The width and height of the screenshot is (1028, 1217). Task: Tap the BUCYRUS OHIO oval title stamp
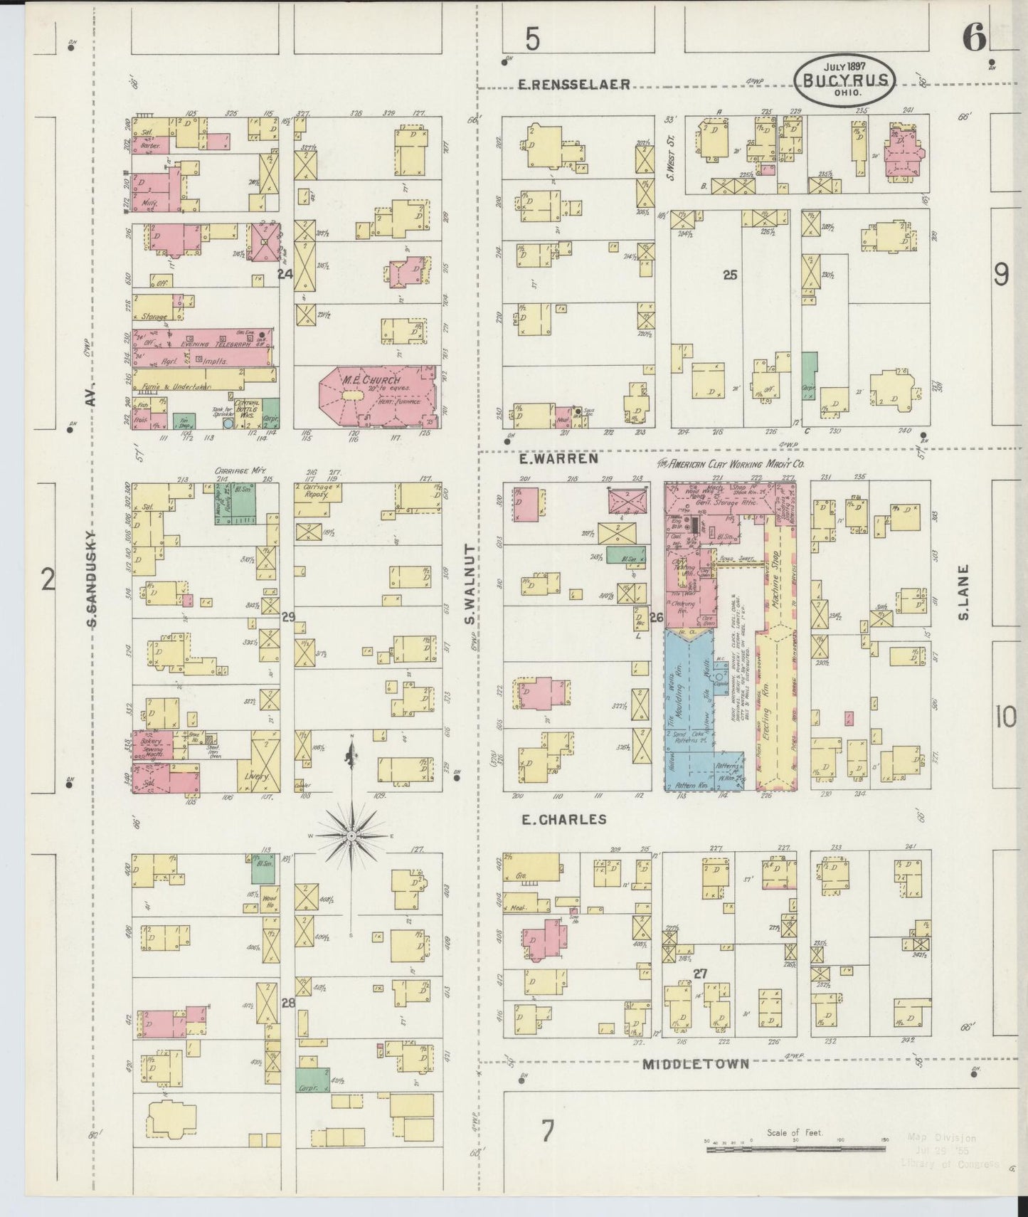844,81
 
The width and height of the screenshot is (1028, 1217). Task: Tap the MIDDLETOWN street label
696,1065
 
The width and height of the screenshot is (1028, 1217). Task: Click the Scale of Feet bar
795,1148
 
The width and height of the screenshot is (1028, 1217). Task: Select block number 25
730,275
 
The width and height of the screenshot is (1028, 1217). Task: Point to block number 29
287,616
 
